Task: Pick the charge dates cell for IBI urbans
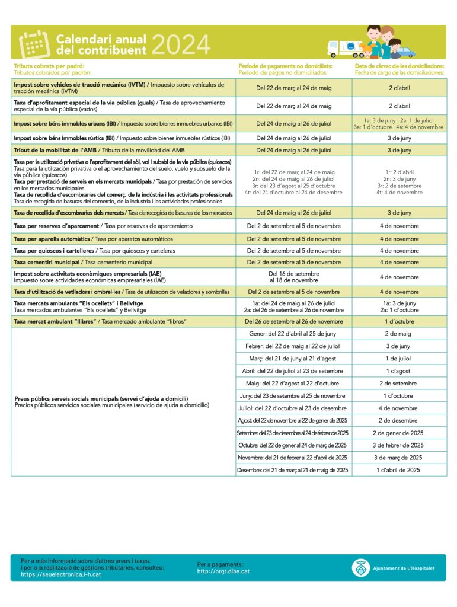399,123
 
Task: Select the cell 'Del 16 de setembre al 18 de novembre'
294,277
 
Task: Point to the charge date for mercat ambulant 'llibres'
399,321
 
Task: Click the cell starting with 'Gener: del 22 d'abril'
294,334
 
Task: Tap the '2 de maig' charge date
399,334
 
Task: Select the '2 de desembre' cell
399,420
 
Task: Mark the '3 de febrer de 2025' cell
399,445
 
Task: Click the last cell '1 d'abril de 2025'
399,470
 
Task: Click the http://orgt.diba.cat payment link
223,571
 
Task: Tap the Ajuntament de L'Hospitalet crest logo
360,568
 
